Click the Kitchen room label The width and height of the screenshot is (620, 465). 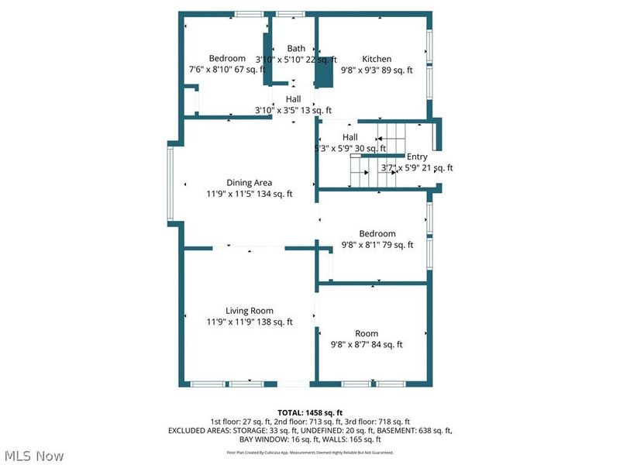tap(377, 59)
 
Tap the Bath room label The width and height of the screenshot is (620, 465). tap(296, 48)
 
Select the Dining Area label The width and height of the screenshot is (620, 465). tap(249, 183)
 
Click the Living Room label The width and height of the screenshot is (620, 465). tap(249, 311)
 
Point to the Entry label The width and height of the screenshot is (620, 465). tap(417, 157)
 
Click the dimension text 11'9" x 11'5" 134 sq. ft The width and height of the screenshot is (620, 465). tap(249, 194)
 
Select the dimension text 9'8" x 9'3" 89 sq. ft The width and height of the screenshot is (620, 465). tap(377, 70)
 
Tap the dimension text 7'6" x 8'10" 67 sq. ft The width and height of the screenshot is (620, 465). tap(227, 70)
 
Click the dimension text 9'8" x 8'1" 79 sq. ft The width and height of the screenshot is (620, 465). tap(377, 244)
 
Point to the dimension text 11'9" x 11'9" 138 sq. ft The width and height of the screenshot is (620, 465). tap(249, 322)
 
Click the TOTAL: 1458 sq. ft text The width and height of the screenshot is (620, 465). tap(310, 412)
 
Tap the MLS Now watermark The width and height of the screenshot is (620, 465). tap(33, 455)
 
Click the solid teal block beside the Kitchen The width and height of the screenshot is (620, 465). tap(325, 71)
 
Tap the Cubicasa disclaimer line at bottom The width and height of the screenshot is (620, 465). tap(310, 452)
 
